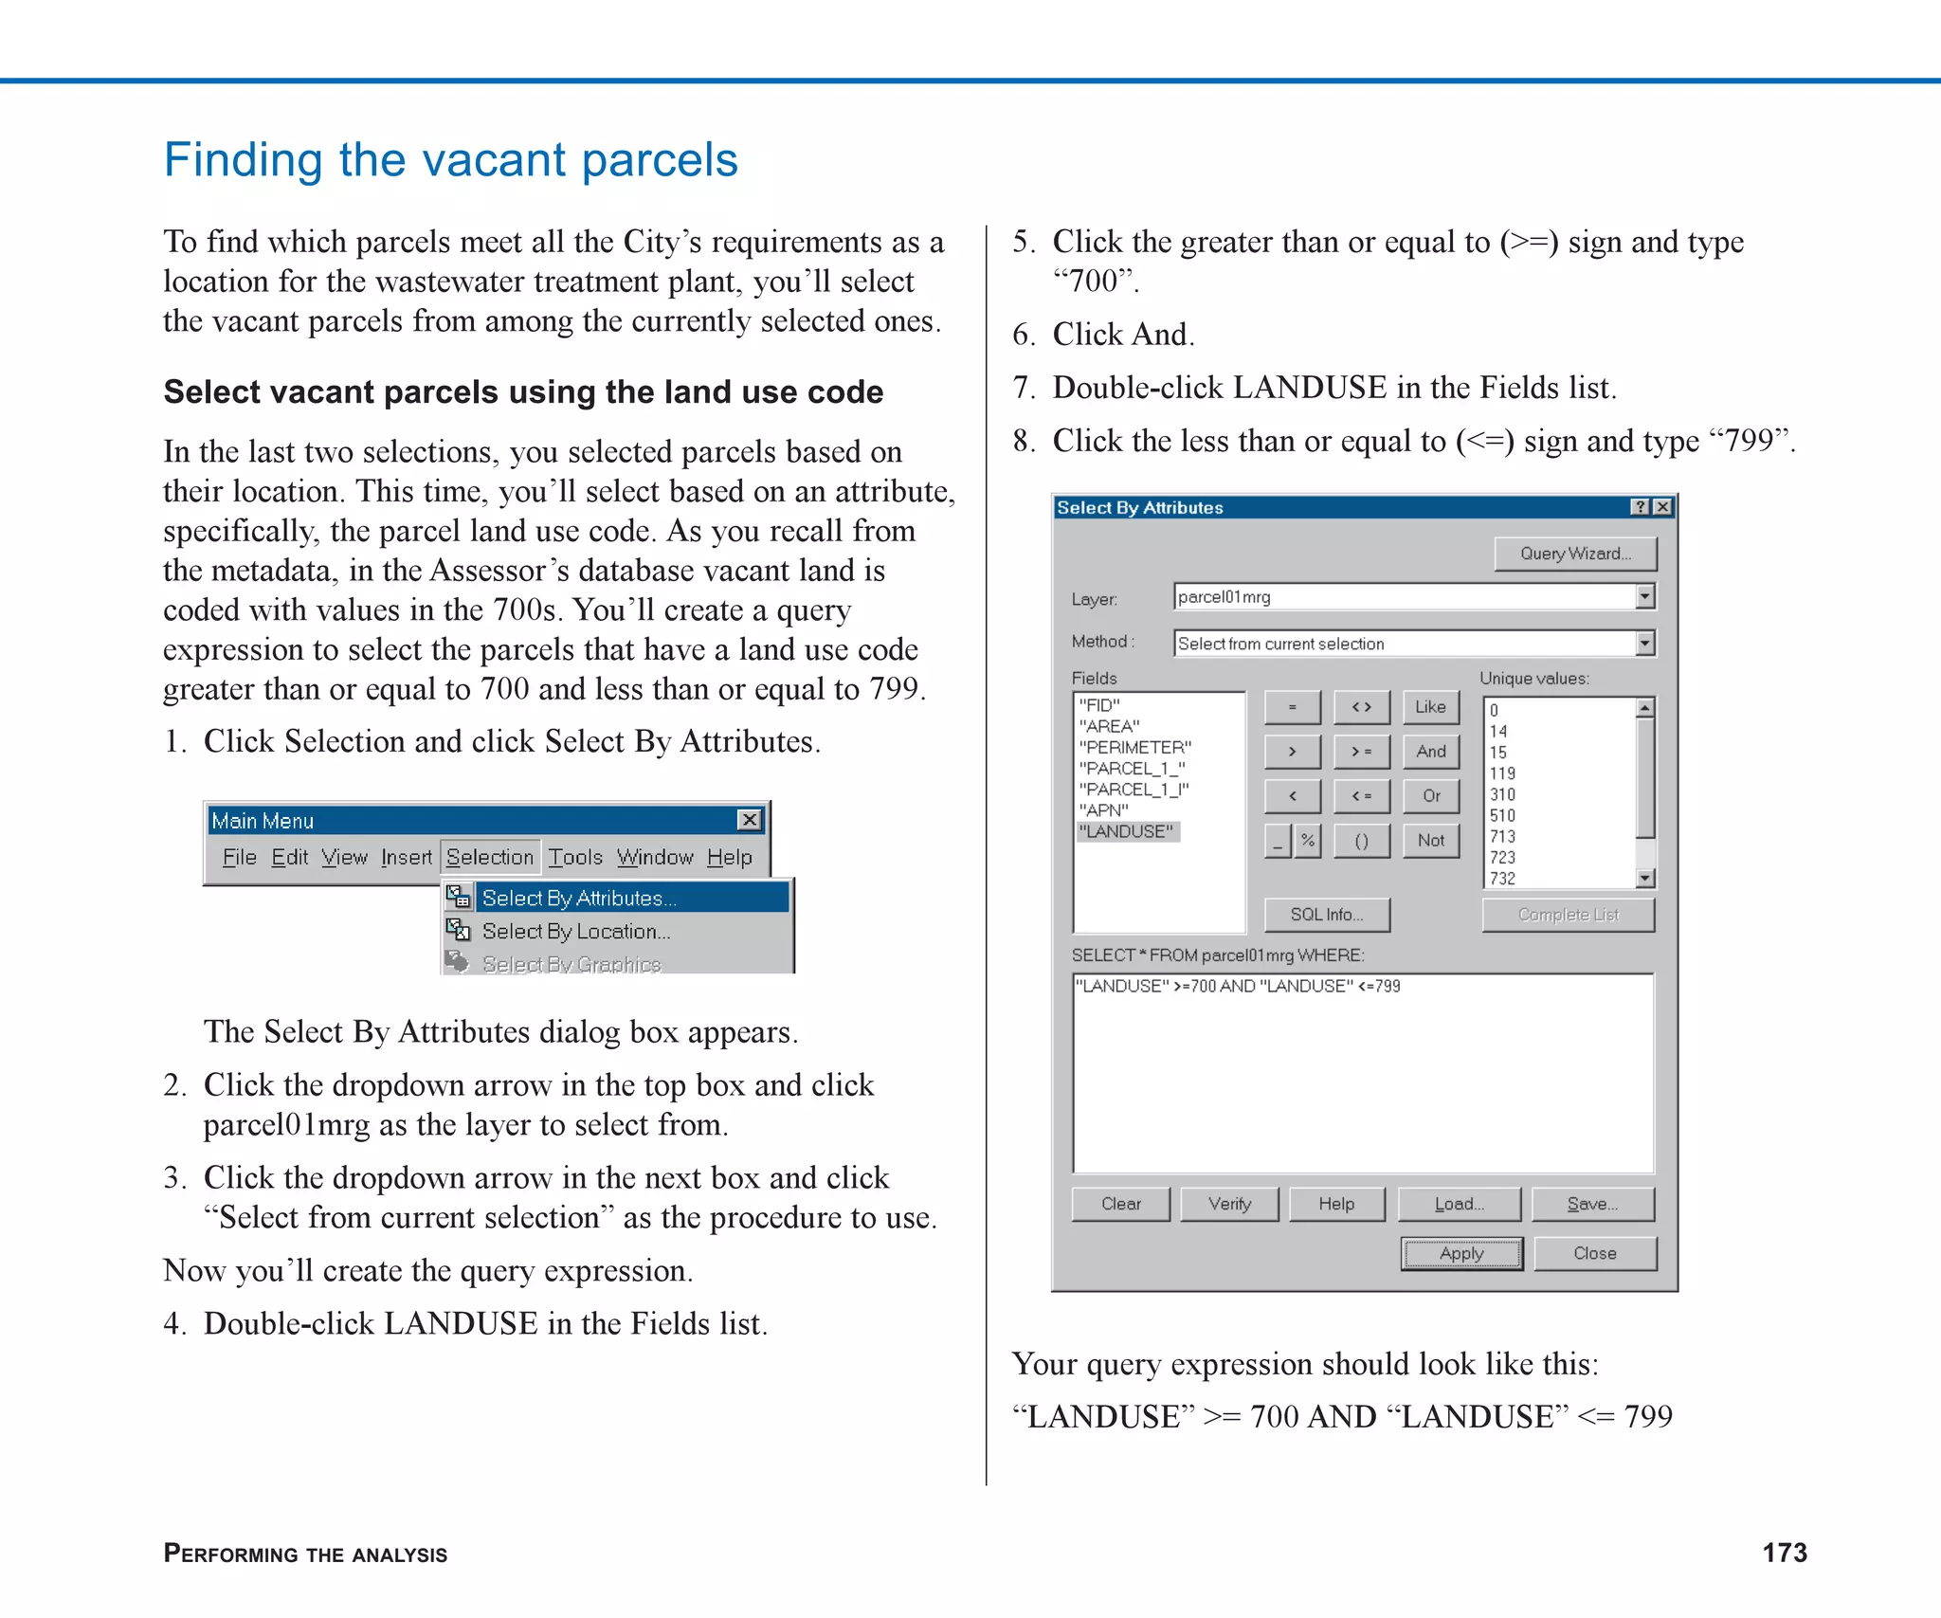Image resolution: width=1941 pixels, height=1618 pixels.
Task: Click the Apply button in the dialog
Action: coord(1460,1253)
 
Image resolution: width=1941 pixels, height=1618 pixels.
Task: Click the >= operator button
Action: coord(1361,752)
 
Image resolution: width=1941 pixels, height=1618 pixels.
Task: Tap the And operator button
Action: coord(1431,752)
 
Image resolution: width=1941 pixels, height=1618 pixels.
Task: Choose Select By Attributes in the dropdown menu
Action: coord(579,898)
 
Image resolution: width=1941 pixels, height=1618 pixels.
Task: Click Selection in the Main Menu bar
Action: coord(490,857)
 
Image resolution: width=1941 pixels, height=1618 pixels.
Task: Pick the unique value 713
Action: coord(1502,836)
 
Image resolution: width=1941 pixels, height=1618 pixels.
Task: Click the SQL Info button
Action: coord(1326,915)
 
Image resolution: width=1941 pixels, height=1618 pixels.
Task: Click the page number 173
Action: coord(1784,1553)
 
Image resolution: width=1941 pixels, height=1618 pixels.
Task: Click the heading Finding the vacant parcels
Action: coord(450,159)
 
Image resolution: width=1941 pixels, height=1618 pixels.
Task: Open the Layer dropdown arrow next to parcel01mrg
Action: coord(1644,596)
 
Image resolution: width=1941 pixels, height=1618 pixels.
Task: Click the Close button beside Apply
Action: coord(1594,1253)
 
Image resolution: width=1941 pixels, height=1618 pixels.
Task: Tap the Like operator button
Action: coord(1430,707)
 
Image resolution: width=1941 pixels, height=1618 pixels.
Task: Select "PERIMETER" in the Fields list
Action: coord(1134,747)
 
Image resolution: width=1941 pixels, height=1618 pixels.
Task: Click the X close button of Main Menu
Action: coord(750,820)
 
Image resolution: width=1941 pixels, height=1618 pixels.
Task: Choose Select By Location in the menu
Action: coord(575,931)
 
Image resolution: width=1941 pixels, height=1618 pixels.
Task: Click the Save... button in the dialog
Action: coord(1592,1204)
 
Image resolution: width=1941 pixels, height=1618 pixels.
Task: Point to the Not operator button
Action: coord(1431,840)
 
